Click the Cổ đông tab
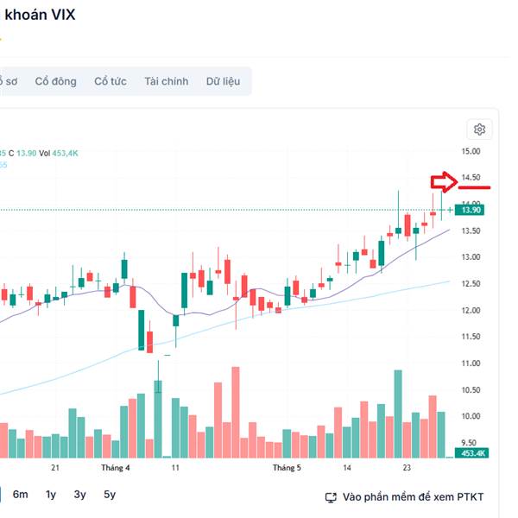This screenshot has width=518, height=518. (x=55, y=81)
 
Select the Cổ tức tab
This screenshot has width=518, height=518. (x=111, y=81)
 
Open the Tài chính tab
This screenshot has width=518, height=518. (x=166, y=81)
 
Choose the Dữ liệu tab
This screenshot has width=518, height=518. (x=223, y=81)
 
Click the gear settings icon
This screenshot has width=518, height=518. (x=480, y=129)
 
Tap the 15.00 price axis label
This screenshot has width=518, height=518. (x=471, y=151)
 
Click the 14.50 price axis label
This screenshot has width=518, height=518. (x=471, y=178)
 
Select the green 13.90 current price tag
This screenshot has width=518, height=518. (x=472, y=210)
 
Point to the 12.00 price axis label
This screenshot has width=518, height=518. (x=471, y=310)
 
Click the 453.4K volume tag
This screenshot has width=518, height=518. (x=472, y=452)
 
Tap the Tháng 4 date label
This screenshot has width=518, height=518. (x=116, y=468)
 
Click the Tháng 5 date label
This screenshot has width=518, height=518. (x=287, y=468)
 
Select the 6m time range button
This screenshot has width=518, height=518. (x=20, y=495)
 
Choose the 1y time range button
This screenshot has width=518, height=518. (x=51, y=495)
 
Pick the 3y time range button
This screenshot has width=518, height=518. (x=79, y=495)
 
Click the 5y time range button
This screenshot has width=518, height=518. (x=110, y=495)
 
